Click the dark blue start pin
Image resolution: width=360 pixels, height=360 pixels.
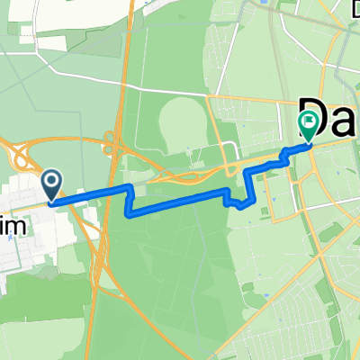(51, 185)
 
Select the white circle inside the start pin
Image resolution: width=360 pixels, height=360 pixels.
(51, 182)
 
